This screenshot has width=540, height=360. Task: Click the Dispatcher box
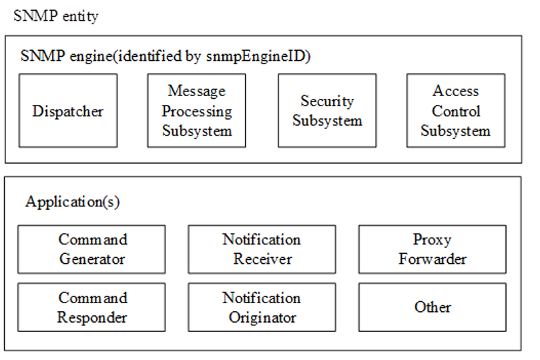pos(68,110)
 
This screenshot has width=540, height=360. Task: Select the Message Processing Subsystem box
pos(197,110)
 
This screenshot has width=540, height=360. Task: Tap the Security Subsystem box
pos(327,110)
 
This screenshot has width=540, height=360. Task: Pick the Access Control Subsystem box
pos(456,110)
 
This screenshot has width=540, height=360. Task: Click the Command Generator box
pos(91,249)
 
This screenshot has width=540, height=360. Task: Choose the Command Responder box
pos(91,307)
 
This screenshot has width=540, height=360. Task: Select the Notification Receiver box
pos(262,249)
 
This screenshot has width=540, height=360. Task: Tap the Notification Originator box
pos(262,307)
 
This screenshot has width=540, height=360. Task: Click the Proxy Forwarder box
pos(433,249)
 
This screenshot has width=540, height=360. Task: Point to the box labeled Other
pos(433,307)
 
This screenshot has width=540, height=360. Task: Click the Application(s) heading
pos(73,202)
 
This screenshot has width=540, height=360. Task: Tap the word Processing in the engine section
pos(197,111)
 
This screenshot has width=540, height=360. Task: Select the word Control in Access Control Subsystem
pos(456,111)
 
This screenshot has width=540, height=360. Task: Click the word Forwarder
pos(433,258)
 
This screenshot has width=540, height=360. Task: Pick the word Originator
pos(262,317)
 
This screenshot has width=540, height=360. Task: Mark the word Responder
pos(92,317)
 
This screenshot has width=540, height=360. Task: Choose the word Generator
pos(92,258)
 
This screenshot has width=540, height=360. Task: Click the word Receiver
pos(262,258)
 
